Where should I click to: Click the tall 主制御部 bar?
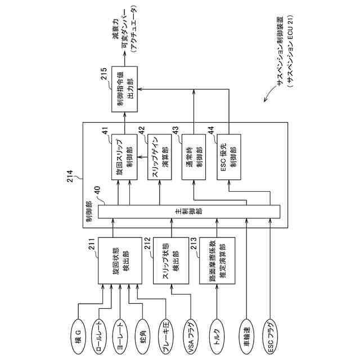[189, 213]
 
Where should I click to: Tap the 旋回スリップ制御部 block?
[124, 156]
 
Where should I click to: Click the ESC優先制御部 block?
[228, 156]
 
